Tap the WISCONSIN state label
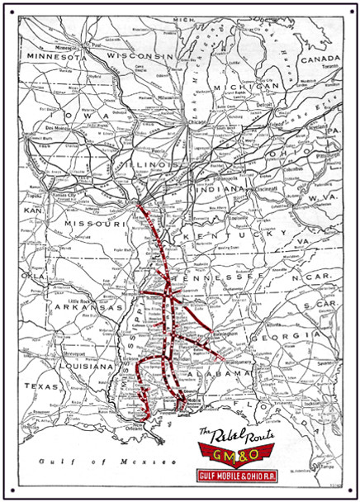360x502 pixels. tap(144, 55)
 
